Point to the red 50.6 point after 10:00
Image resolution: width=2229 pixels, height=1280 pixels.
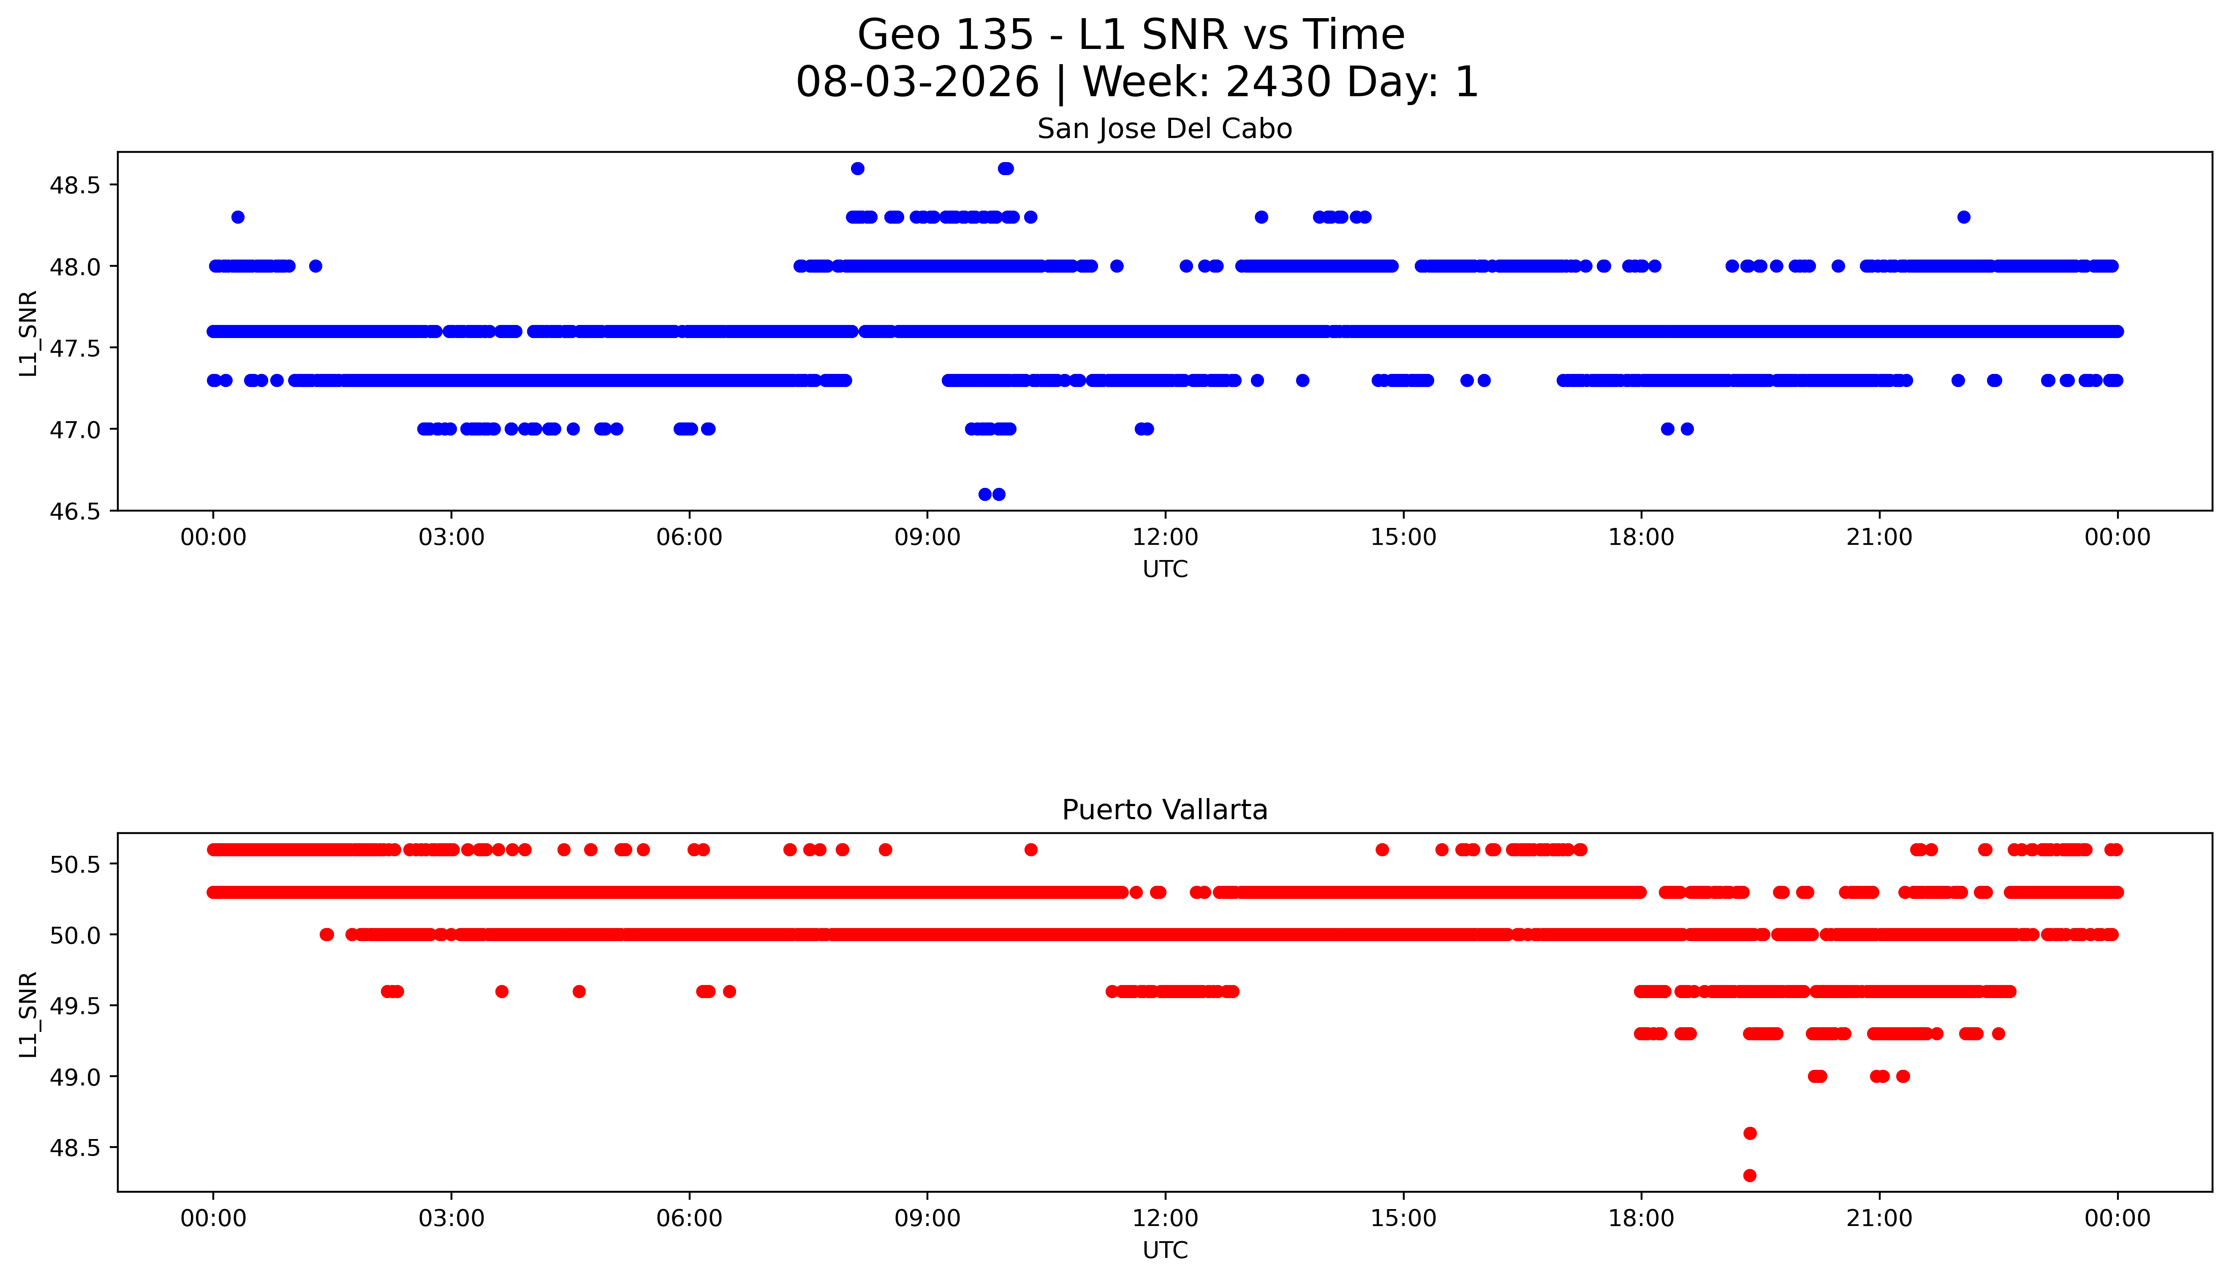tap(1031, 849)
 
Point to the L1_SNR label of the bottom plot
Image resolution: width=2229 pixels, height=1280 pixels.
tap(28, 1014)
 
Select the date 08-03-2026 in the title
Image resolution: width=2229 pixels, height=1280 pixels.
tap(917, 83)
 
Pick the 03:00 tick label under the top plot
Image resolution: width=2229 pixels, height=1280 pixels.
tap(451, 537)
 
